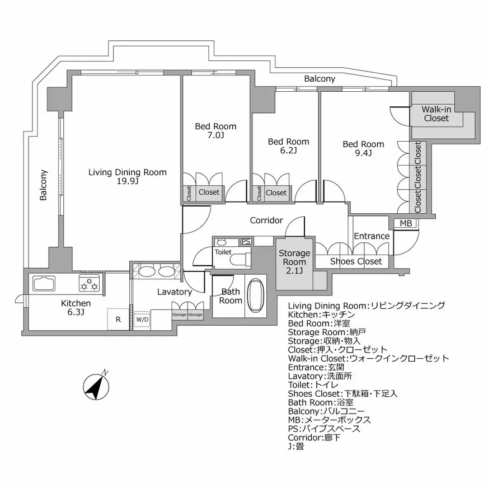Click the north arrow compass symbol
click(x=95, y=386)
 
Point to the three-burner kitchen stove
click(x=90, y=284)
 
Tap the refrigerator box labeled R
click(x=118, y=320)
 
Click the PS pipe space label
click(x=245, y=242)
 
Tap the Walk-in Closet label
click(x=437, y=114)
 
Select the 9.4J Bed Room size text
click(x=363, y=153)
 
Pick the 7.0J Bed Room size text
click(x=215, y=135)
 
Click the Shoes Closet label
click(x=356, y=261)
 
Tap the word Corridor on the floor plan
click(x=266, y=220)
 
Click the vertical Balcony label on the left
click(x=43, y=185)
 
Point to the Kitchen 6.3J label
click(x=76, y=307)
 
